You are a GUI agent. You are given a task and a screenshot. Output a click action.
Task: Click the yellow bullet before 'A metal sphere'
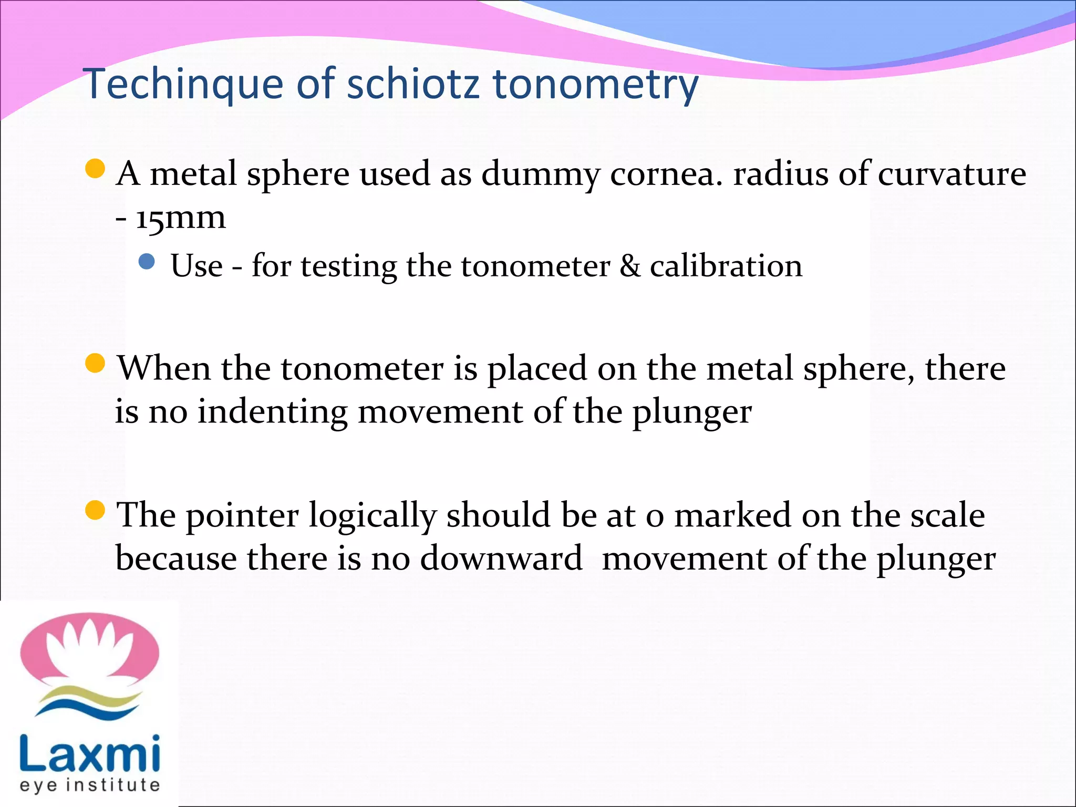point(95,169)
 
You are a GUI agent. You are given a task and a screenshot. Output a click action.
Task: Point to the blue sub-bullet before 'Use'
point(147,261)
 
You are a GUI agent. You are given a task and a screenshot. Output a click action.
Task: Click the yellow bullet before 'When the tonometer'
point(95,363)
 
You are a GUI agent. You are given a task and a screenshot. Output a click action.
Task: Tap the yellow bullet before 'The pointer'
point(95,510)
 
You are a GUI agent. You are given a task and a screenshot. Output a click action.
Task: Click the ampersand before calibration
point(630,266)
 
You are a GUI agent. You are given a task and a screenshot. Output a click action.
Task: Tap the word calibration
point(726,266)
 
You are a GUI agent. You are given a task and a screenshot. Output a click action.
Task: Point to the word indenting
point(273,411)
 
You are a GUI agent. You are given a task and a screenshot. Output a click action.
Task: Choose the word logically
point(373,516)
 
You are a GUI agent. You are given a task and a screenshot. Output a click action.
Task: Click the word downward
point(501,558)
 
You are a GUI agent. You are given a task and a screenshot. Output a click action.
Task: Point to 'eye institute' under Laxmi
point(90,785)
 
